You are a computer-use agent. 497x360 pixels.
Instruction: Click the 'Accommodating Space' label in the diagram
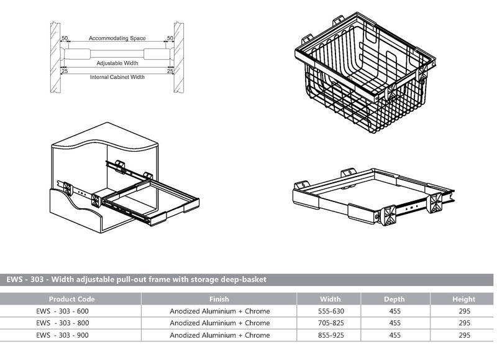pyautogui.click(x=117, y=39)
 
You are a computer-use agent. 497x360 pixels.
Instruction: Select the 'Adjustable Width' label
pyautogui.click(x=117, y=63)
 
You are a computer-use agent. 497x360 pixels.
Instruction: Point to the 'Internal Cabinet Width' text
pyautogui.click(x=117, y=77)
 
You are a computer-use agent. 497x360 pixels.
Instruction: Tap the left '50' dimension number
pyautogui.click(x=65, y=39)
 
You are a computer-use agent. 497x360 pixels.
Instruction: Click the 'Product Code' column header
pyautogui.click(x=71, y=298)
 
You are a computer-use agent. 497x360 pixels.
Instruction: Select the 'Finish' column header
pyautogui.click(x=220, y=298)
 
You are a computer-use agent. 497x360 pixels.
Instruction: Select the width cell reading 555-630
pyautogui.click(x=331, y=311)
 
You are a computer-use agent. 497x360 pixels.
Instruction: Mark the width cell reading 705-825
pyautogui.click(x=331, y=323)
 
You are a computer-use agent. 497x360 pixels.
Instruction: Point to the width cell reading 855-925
pyautogui.click(x=331, y=335)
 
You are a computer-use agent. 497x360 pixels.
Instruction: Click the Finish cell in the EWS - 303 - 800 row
pyautogui.click(x=220, y=323)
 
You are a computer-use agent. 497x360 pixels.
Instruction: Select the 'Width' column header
pyautogui.click(x=331, y=298)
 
